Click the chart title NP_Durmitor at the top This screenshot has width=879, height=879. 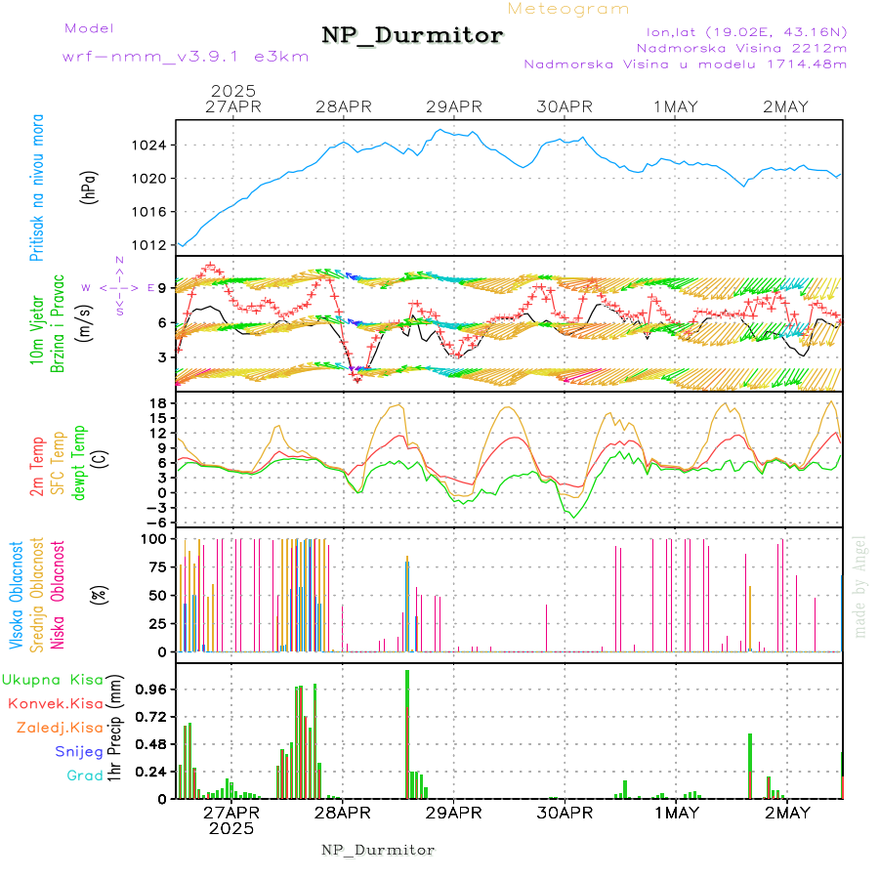(x=412, y=36)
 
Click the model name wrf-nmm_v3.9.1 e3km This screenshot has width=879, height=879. (x=185, y=57)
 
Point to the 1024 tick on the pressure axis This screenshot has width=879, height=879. (x=149, y=146)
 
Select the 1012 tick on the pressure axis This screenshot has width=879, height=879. (x=149, y=245)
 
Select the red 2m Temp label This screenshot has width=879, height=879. (x=38, y=466)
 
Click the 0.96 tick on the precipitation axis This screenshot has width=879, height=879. (x=149, y=689)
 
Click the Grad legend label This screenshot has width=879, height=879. (x=84, y=775)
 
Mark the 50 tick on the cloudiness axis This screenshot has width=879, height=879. (x=155, y=595)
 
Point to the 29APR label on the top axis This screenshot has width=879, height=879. (x=454, y=106)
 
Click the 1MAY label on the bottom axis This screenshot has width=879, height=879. (x=676, y=813)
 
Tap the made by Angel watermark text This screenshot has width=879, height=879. (x=860, y=586)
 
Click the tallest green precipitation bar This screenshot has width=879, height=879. (x=407, y=732)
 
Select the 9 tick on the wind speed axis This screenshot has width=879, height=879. (x=161, y=288)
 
